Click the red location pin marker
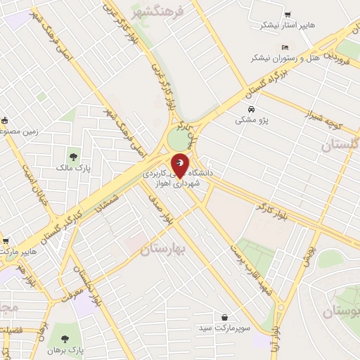180,165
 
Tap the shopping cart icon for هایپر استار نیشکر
288,15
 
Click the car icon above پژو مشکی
251,109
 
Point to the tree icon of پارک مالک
72,155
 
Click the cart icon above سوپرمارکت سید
224,317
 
